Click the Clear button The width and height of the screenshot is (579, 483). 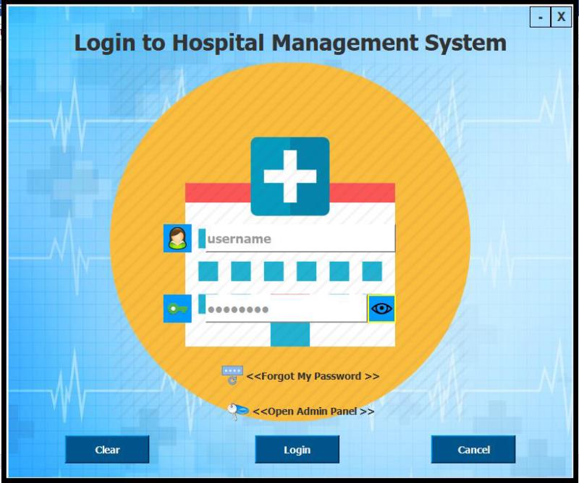pos(107,450)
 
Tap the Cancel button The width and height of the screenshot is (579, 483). pos(473,450)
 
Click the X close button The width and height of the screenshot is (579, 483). pos(561,17)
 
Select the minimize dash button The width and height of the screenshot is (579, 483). pos(540,17)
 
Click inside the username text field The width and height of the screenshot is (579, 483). pos(300,239)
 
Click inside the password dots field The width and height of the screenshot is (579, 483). pos(286,309)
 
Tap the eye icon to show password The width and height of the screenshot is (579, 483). pos(381,309)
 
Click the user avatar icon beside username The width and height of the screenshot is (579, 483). pos(177,239)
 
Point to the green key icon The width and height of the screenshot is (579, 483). pos(177,309)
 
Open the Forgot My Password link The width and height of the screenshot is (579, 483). pos(313,376)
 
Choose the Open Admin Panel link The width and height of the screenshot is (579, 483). pos(313,411)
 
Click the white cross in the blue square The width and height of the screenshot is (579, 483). pos(289,176)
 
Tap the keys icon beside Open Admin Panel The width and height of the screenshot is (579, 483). pos(237,411)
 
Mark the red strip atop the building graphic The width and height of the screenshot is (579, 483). pos(217,192)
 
